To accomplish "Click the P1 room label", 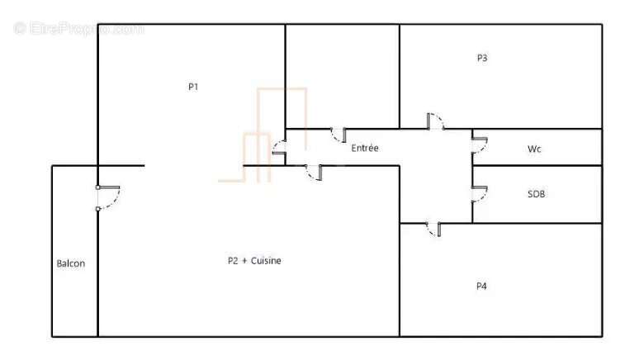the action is coord(193,87).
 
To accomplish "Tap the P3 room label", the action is coord(482,58).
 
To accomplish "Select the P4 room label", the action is coord(481,286).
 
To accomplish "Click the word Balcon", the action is coord(70,263).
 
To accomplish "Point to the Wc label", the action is coord(534,149).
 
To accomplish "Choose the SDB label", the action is coord(536,194).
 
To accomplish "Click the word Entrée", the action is coord(365,148).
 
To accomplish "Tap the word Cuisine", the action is coord(266,261).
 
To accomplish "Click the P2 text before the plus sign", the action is coord(233,261).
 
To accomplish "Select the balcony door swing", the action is coord(108,197).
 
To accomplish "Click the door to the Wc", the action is coord(480,145).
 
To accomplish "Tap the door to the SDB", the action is coord(480,194).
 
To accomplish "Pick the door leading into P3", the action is coord(436,121).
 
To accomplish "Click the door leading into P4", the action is coord(433,229).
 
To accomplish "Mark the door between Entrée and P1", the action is coord(279,148).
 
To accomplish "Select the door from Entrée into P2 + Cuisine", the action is coord(314,173).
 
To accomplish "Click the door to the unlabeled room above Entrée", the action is coord(339,135).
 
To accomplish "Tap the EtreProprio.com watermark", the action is coord(79,29).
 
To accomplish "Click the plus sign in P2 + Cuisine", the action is coord(244,261).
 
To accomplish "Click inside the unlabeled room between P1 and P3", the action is coord(343,77).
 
